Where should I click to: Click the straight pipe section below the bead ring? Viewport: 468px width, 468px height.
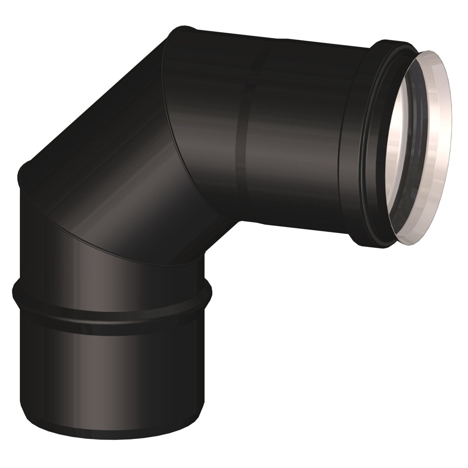coord(113,370)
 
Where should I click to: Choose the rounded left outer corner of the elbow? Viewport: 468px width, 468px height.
coord(23,172)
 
